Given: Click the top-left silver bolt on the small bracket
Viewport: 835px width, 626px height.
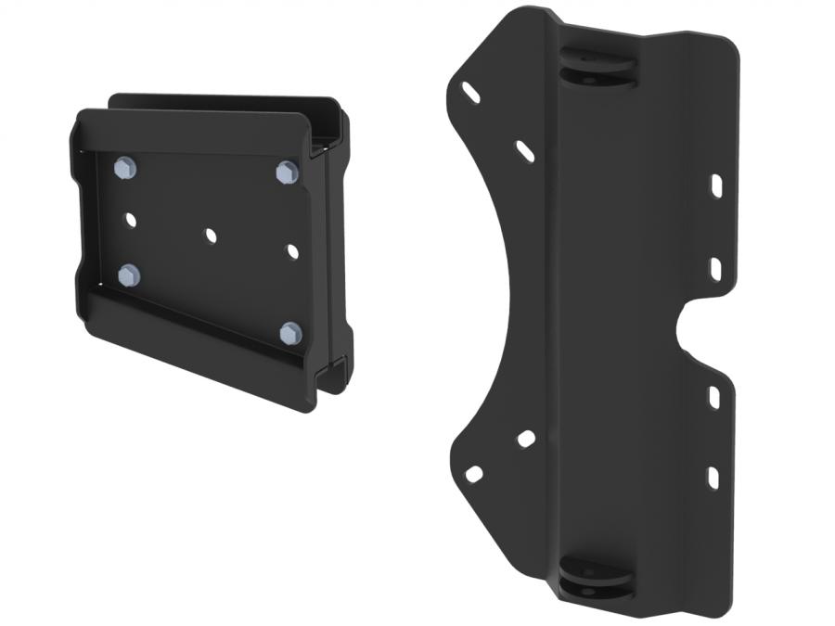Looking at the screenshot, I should (126, 168).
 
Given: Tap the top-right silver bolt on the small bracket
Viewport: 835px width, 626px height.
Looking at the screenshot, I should (287, 172).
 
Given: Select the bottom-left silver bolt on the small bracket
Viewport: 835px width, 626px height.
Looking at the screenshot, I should (129, 275).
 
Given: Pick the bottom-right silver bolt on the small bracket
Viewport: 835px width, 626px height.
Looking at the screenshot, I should (290, 333).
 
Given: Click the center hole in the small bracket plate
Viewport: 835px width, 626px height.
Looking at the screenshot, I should (212, 236).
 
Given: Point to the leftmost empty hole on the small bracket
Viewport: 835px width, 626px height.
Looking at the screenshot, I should (130, 221).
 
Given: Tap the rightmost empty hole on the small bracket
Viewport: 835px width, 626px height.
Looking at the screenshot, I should (293, 251).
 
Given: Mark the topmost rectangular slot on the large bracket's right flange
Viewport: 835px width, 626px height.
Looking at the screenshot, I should (717, 185).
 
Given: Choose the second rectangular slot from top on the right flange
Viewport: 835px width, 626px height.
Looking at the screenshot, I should (717, 268).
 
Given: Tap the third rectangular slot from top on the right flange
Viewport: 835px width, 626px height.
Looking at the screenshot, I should (715, 396).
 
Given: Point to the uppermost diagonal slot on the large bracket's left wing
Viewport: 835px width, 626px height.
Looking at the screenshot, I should (470, 93).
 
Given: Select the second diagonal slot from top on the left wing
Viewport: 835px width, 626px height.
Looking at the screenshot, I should (525, 151).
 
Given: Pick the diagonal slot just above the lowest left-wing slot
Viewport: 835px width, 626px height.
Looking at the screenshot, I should (526, 439).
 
